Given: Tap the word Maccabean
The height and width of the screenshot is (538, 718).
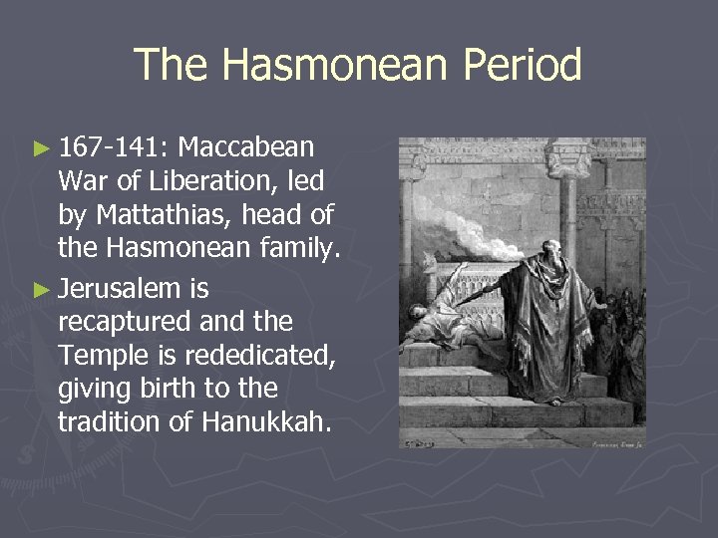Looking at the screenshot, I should pos(249,148).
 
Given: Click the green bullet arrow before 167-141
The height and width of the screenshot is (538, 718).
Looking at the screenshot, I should pos(41,149).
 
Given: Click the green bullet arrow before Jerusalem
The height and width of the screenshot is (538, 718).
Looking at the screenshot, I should pos(41,289).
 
